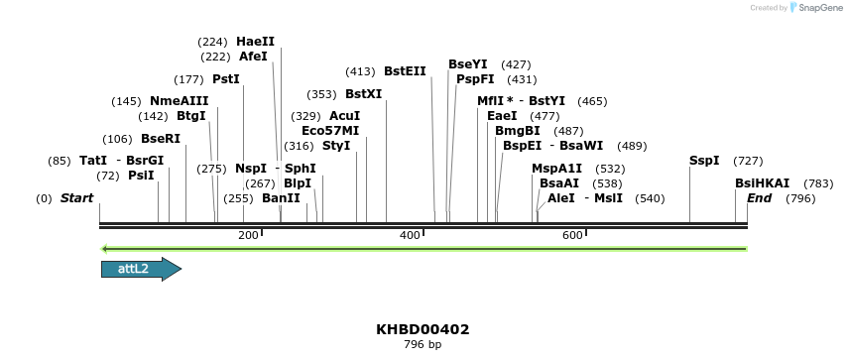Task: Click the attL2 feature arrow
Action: click(x=140, y=269)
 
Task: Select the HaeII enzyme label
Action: click(x=255, y=42)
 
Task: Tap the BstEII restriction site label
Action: click(x=405, y=71)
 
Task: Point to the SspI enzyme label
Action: click(x=704, y=161)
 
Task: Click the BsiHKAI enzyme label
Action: click(x=762, y=183)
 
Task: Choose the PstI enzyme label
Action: click(x=226, y=79)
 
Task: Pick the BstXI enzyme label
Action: click(x=363, y=94)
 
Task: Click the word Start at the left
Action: click(x=76, y=198)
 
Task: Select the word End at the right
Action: click(x=759, y=198)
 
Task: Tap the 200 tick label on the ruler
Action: click(x=248, y=235)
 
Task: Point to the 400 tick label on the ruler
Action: click(x=410, y=235)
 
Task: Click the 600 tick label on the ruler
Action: click(x=572, y=235)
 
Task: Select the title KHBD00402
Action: click(x=423, y=329)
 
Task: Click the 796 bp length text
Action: click(x=423, y=345)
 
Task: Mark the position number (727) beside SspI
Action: click(x=748, y=161)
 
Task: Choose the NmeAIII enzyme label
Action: click(x=179, y=101)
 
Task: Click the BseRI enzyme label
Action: click(x=161, y=139)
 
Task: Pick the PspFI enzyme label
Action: click(x=475, y=79)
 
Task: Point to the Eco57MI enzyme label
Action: click(x=330, y=131)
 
